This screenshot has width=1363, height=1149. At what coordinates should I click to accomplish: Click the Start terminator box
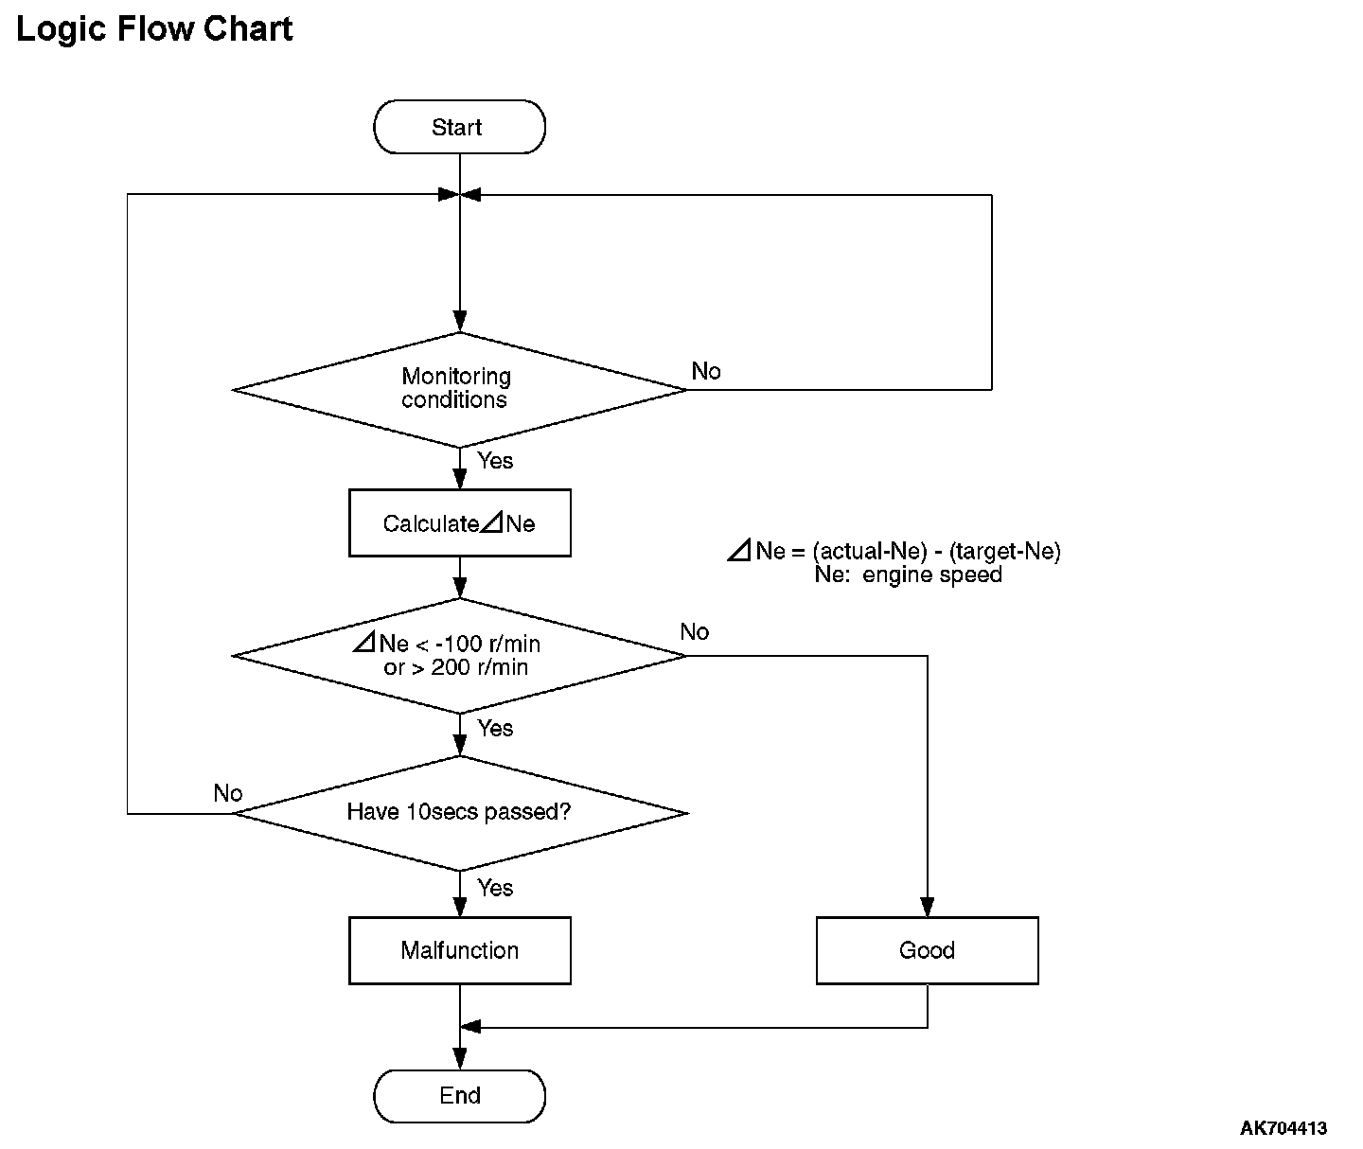point(459,127)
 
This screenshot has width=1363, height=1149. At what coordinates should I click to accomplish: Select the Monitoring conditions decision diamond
point(459,390)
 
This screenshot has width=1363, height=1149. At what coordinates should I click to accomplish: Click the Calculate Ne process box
point(460,523)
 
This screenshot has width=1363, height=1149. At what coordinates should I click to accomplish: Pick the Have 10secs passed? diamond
point(460,813)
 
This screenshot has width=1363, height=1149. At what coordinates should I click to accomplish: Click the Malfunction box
point(460,950)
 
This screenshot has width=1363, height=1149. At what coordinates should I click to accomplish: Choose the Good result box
point(927,950)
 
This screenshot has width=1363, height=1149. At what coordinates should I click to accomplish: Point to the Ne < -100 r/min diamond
point(459,656)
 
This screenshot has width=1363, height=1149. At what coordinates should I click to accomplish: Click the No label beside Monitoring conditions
point(706,371)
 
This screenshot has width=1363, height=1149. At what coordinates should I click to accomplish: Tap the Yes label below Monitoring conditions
point(495,460)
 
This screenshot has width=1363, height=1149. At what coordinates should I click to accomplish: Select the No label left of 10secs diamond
point(228,792)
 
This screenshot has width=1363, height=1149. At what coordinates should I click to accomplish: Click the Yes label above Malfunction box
point(495,888)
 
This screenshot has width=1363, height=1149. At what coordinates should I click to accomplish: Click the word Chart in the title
point(247,28)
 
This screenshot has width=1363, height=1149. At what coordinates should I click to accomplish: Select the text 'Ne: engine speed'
point(908,574)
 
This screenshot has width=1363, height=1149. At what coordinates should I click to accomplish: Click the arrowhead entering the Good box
point(927,907)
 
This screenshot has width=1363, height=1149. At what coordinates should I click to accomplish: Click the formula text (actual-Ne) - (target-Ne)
point(937,551)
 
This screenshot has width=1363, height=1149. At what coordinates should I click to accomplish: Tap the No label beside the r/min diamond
point(695,631)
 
